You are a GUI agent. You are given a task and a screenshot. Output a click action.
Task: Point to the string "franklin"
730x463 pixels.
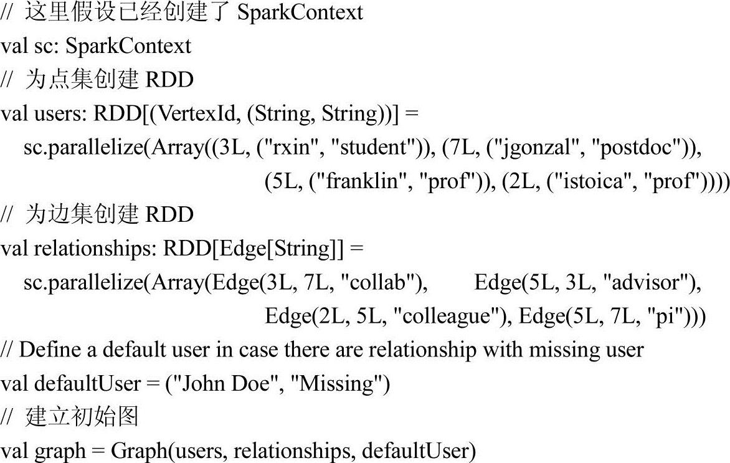362,181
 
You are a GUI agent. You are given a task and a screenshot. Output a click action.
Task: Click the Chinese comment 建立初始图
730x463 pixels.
81,417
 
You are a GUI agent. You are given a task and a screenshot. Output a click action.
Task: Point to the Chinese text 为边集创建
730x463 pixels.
81,215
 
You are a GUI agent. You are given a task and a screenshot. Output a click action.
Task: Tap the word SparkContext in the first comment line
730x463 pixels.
300,12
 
